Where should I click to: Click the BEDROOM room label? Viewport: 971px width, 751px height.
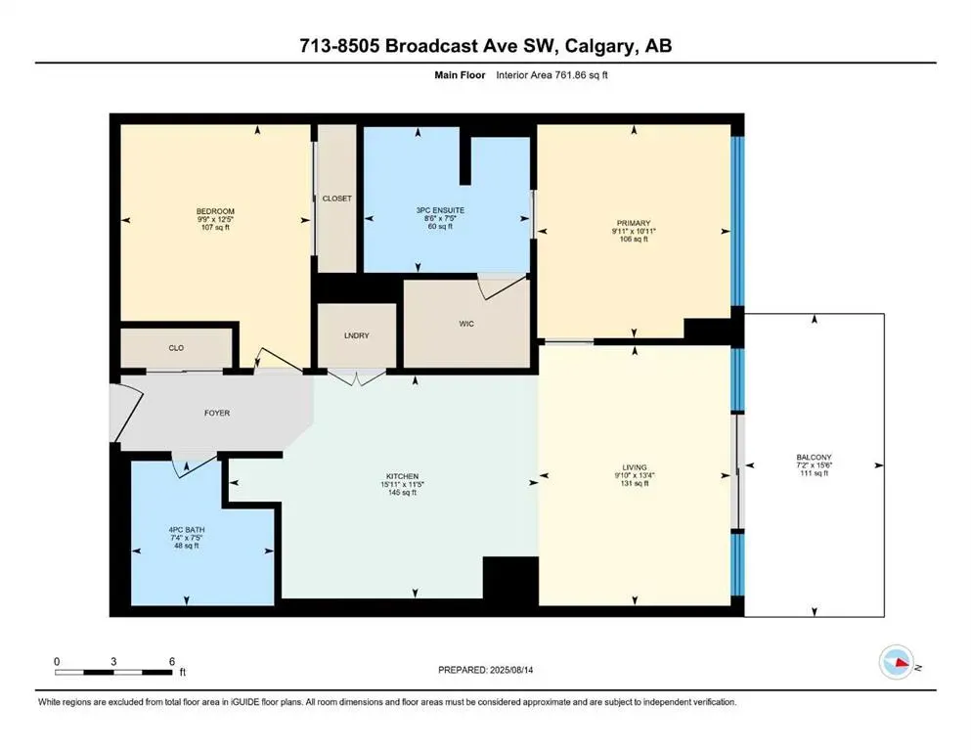215,211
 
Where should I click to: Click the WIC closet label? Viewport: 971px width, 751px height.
465,324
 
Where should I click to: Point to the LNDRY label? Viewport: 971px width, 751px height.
356,335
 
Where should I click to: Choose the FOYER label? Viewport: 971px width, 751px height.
216,413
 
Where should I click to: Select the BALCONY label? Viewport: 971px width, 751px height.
813,457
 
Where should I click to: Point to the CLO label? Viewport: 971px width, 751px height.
176,346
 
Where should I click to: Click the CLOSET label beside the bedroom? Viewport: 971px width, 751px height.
336,199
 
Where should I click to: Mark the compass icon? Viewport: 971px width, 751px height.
898,664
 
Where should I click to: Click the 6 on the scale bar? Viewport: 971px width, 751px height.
172,661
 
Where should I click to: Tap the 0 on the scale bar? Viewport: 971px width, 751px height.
58,661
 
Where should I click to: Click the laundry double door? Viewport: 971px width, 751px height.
356,377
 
